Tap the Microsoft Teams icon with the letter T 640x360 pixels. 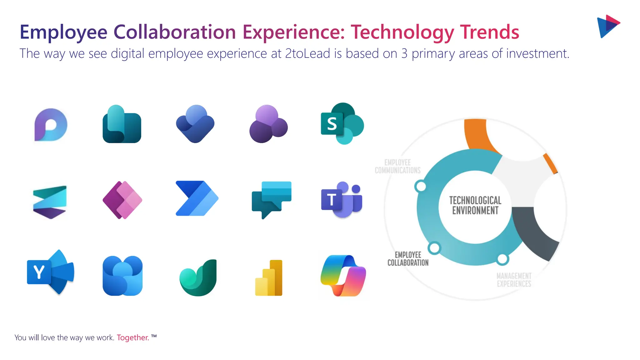(341, 199)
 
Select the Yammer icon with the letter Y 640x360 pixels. (50, 272)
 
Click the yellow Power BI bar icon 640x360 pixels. (269, 278)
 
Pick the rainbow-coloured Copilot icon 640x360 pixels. (343, 276)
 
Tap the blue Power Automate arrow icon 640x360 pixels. (197, 198)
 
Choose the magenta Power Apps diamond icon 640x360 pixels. (122, 200)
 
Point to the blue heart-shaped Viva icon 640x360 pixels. (195, 124)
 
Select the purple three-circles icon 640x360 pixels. (268, 124)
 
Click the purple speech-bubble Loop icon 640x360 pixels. (51, 125)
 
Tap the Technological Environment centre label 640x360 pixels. (475, 205)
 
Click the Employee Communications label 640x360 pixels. (397, 166)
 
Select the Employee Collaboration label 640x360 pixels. (408, 259)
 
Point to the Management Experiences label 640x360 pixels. (514, 280)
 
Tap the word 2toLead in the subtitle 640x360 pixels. (307, 53)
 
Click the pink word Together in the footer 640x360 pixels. (132, 337)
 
